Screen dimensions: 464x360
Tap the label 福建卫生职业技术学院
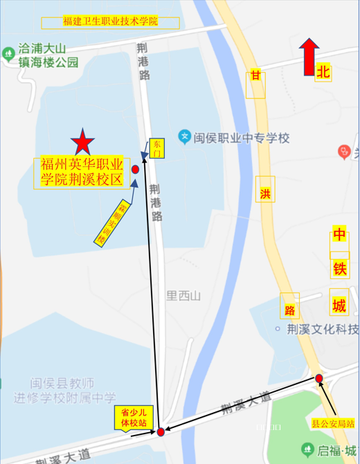point(111,22)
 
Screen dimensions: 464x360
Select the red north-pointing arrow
point(308,56)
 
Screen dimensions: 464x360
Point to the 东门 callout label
point(156,148)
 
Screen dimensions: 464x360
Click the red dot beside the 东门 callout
point(135,169)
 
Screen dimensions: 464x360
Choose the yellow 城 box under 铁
point(339,305)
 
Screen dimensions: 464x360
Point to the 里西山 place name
point(183,296)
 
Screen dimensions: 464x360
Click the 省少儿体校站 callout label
point(134,418)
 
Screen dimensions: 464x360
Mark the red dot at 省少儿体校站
point(161,432)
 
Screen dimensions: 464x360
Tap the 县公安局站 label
point(332,422)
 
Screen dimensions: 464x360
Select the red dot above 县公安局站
point(319,377)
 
